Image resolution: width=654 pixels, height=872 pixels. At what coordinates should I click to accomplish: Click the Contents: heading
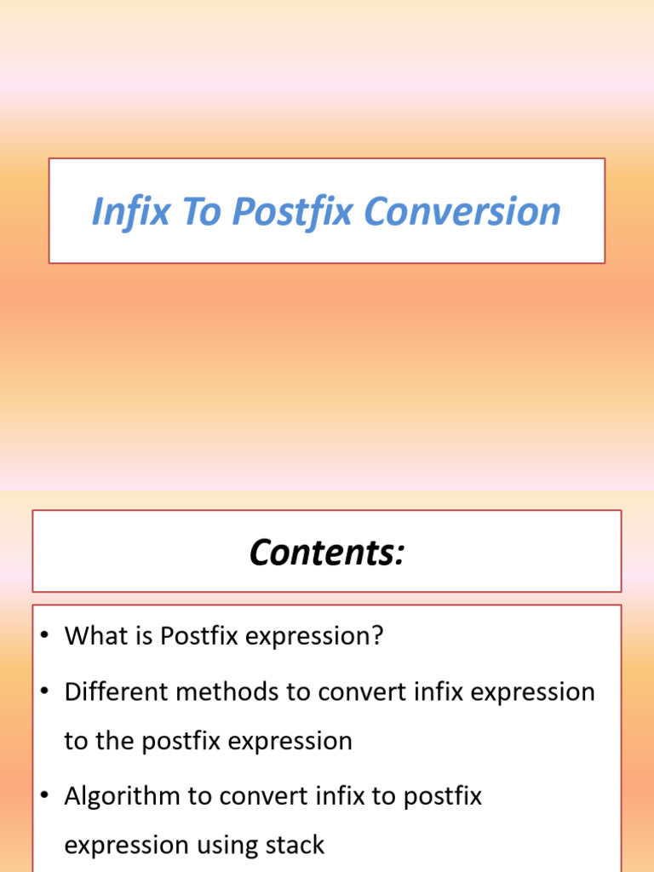326,553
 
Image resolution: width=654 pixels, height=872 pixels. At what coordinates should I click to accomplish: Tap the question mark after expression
378,636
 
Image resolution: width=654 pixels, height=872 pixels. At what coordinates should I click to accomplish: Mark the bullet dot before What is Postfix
45,637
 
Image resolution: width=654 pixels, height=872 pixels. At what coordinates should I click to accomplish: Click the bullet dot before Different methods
45,692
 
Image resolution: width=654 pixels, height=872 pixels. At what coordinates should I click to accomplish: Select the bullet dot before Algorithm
45,797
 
